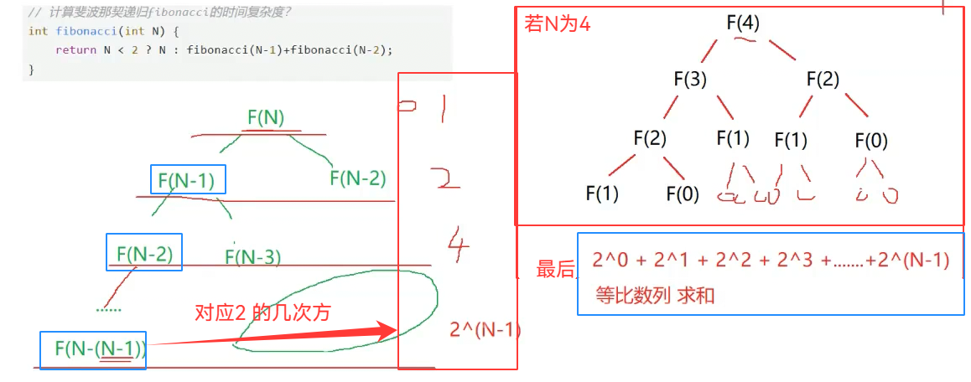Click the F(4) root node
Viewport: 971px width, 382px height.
(743, 23)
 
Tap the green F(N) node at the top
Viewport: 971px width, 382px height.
(266, 118)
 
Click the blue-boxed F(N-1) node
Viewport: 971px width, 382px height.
(188, 178)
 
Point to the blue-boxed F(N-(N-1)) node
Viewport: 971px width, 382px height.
(93, 348)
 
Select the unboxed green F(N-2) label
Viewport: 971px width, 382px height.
(358, 178)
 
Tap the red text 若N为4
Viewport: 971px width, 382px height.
(558, 23)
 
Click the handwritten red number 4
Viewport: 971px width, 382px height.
(458, 246)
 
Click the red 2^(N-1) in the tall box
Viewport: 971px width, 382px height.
(485, 330)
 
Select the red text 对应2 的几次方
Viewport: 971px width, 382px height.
(262, 312)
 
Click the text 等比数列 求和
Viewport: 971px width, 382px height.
(655, 296)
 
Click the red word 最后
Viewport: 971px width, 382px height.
(555, 269)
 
